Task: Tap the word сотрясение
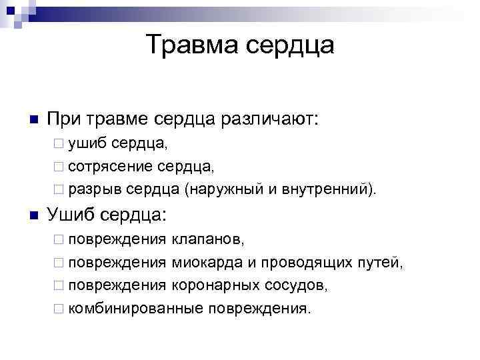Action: pyautogui.click(x=111, y=165)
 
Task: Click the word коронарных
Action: pyautogui.click(x=216, y=286)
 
